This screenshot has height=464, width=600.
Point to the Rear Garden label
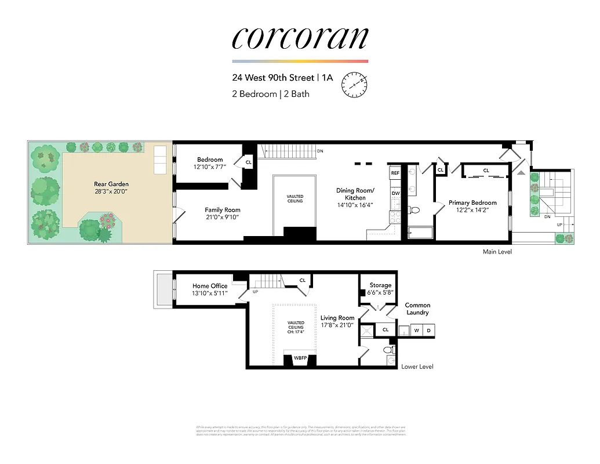pos(111,184)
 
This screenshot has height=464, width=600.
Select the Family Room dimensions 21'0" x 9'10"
pos(223,218)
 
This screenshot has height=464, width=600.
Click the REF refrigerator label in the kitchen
pos(395,173)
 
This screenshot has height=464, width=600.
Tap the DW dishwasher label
pos(395,193)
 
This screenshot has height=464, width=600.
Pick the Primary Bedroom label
pos(472,203)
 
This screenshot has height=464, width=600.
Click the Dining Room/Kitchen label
pos(355,194)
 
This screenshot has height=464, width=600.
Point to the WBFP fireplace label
pos(300,358)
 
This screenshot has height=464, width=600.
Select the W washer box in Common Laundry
pos(416,331)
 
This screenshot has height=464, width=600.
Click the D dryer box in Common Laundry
pos(429,331)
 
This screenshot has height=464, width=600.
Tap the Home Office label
pos(210,286)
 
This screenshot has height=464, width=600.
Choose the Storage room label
pos(380,285)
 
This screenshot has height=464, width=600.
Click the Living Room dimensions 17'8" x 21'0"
pos(337,325)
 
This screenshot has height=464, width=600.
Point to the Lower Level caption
pos(417,367)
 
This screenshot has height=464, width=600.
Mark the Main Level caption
pos(497,252)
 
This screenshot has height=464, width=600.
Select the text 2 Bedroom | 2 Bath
pos(271,93)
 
